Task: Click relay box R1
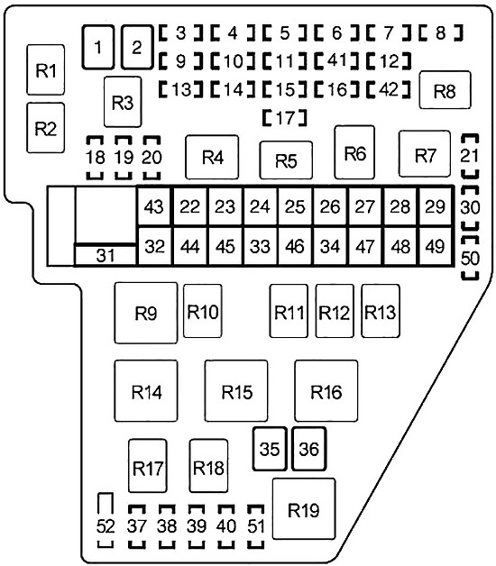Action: pyautogui.click(x=46, y=70)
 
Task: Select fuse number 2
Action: pyautogui.click(x=136, y=47)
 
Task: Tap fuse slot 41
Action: pyautogui.click(x=336, y=60)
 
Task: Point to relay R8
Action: pyautogui.click(x=445, y=90)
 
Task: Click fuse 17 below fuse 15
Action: pyautogui.click(x=285, y=118)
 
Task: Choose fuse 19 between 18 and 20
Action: pyautogui.click(x=124, y=158)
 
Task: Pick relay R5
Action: pyautogui.click(x=286, y=160)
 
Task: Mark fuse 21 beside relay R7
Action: pyautogui.click(x=470, y=156)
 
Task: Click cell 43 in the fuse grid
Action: pyautogui.click(x=154, y=207)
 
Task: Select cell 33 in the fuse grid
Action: pyautogui.click(x=260, y=247)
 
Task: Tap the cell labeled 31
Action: pyautogui.click(x=106, y=255)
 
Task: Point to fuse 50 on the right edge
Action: pyautogui.click(x=470, y=258)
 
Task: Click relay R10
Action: pyautogui.click(x=202, y=311)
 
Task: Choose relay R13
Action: pyautogui.click(x=381, y=311)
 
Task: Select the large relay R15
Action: pyautogui.click(x=236, y=391)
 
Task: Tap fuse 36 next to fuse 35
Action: pyautogui.click(x=308, y=449)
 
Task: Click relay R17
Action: pyautogui.click(x=147, y=466)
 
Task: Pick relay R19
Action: pyautogui.click(x=304, y=509)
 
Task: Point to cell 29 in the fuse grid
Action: pyautogui.click(x=435, y=207)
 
